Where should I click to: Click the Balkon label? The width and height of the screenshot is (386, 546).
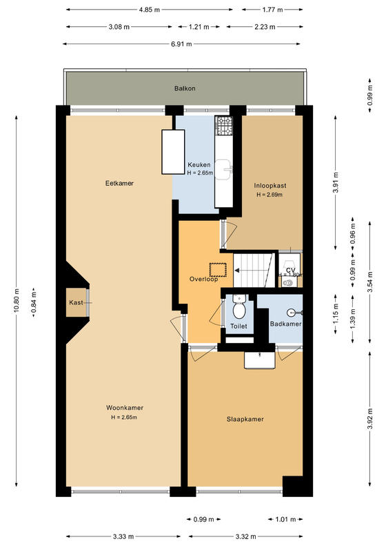pos(185,88)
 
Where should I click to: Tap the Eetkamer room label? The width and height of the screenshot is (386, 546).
pos(119,183)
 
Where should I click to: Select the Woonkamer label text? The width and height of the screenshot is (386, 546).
pos(125,408)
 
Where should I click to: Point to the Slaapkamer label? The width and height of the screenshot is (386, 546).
pos(245,419)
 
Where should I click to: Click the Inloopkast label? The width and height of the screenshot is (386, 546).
pos(270,186)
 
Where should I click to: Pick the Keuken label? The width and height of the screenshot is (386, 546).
pos(199,165)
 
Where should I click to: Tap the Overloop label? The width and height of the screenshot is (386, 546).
pos(204,279)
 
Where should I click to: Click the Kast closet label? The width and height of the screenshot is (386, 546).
pos(76,302)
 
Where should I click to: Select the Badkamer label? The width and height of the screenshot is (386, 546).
pos(285,324)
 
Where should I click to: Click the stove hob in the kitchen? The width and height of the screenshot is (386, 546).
pos(224,126)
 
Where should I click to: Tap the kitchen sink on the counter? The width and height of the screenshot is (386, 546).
pos(223,170)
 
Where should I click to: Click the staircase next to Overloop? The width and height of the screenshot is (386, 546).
pos(254,270)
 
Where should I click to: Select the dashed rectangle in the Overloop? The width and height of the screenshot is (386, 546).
pos(218,270)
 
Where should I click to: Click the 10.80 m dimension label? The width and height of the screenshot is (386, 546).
pos(17,300)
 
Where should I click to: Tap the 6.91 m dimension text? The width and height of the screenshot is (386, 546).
pos(181,44)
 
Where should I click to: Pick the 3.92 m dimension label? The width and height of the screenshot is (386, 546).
pos(369,419)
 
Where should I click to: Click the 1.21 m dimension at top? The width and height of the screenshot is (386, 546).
pos(199,27)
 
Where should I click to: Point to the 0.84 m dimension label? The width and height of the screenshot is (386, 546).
pos(34,302)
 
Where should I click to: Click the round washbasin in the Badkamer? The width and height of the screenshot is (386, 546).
pos(292,313)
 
